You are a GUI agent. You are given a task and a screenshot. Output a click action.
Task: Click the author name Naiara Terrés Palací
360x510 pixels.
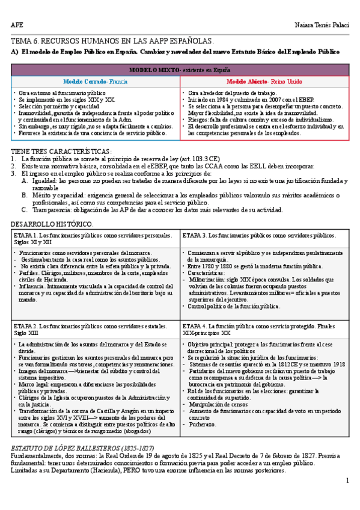coord(322,24)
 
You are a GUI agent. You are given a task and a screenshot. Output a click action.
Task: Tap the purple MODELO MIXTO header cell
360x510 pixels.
coord(180,70)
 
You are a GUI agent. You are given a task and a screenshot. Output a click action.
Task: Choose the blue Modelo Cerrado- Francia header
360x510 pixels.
coord(96,81)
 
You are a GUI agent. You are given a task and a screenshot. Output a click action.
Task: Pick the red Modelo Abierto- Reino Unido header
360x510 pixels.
coord(264,81)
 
